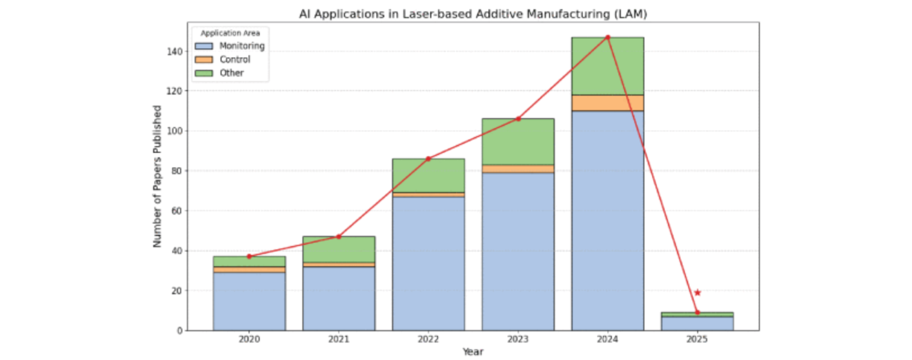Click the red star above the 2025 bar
pyautogui.click(x=697, y=292)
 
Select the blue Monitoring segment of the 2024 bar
pyautogui.click(x=607, y=220)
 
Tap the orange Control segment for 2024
pyautogui.click(x=607, y=103)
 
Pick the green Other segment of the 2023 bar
pyautogui.click(x=518, y=141)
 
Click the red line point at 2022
pyautogui.click(x=428, y=159)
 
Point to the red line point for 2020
pyautogui.click(x=249, y=256)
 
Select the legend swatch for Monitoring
pyautogui.click(x=203, y=46)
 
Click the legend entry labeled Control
pyautogui.click(x=235, y=59)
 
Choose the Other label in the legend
pyautogui.click(x=232, y=73)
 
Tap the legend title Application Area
pyautogui.click(x=230, y=33)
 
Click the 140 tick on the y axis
pyautogui.click(x=175, y=52)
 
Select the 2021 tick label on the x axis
pyautogui.click(x=338, y=340)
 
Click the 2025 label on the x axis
pyautogui.click(x=697, y=340)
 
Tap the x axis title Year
pyautogui.click(x=473, y=352)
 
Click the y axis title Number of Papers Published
pyautogui.click(x=157, y=176)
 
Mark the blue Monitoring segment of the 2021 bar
pyautogui.click(x=338, y=298)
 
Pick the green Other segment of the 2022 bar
pyautogui.click(x=428, y=175)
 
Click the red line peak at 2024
pyautogui.click(x=607, y=37)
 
